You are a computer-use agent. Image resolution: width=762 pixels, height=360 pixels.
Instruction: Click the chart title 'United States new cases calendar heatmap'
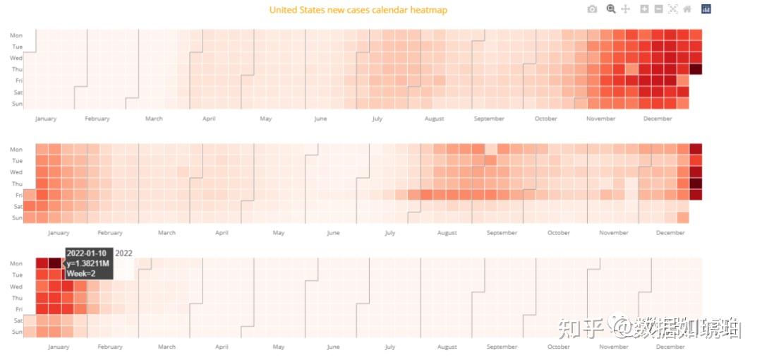click(358, 10)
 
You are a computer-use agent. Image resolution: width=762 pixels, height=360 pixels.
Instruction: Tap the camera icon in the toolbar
click(592, 8)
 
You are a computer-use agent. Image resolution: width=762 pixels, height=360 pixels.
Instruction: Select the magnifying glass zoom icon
click(611, 8)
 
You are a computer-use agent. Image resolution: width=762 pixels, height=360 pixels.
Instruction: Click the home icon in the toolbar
click(687, 8)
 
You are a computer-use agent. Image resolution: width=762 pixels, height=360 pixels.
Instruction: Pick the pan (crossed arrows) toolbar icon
click(625, 8)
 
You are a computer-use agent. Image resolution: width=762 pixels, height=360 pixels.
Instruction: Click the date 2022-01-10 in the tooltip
click(87, 253)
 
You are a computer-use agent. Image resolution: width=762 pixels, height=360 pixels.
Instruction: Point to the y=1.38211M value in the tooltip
click(88, 263)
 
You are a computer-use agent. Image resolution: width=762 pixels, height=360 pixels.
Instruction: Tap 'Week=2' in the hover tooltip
click(81, 273)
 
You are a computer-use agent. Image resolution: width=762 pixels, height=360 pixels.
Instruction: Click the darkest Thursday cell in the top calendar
click(696, 69)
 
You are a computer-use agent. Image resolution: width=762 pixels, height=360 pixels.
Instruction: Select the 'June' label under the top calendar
click(321, 119)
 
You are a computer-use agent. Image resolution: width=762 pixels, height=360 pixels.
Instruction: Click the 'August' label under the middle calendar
click(447, 233)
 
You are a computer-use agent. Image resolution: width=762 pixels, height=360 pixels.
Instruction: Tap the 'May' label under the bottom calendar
click(279, 347)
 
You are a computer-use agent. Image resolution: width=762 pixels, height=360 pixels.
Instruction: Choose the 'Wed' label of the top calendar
click(17, 58)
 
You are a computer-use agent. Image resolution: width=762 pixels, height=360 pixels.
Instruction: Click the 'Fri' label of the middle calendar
click(18, 195)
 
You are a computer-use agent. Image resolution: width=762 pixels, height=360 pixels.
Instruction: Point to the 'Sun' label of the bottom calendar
click(18, 332)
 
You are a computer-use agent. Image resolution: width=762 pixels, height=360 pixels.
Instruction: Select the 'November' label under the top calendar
click(600, 119)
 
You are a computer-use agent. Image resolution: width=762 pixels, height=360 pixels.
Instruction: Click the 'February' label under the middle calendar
click(110, 233)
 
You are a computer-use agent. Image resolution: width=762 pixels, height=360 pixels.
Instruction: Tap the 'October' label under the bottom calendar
click(559, 347)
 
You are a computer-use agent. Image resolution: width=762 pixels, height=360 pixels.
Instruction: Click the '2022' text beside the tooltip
click(123, 253)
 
